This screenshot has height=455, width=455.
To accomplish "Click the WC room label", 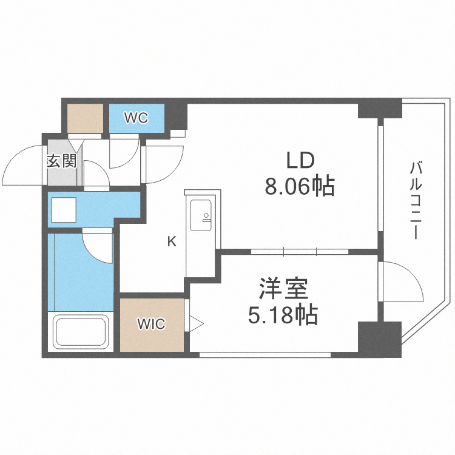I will [x=136, y=118].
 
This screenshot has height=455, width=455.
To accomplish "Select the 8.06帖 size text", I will [x=300, y=186].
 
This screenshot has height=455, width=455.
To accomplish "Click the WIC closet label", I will [x=151, y=324].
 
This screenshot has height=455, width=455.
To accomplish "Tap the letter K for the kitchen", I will [x=172, y=242].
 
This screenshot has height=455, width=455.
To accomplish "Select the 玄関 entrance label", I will [x=61, y=161].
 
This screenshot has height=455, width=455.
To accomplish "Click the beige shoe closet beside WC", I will [x=85, y=118].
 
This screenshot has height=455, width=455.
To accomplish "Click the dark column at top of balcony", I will [x=380, y=109].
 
